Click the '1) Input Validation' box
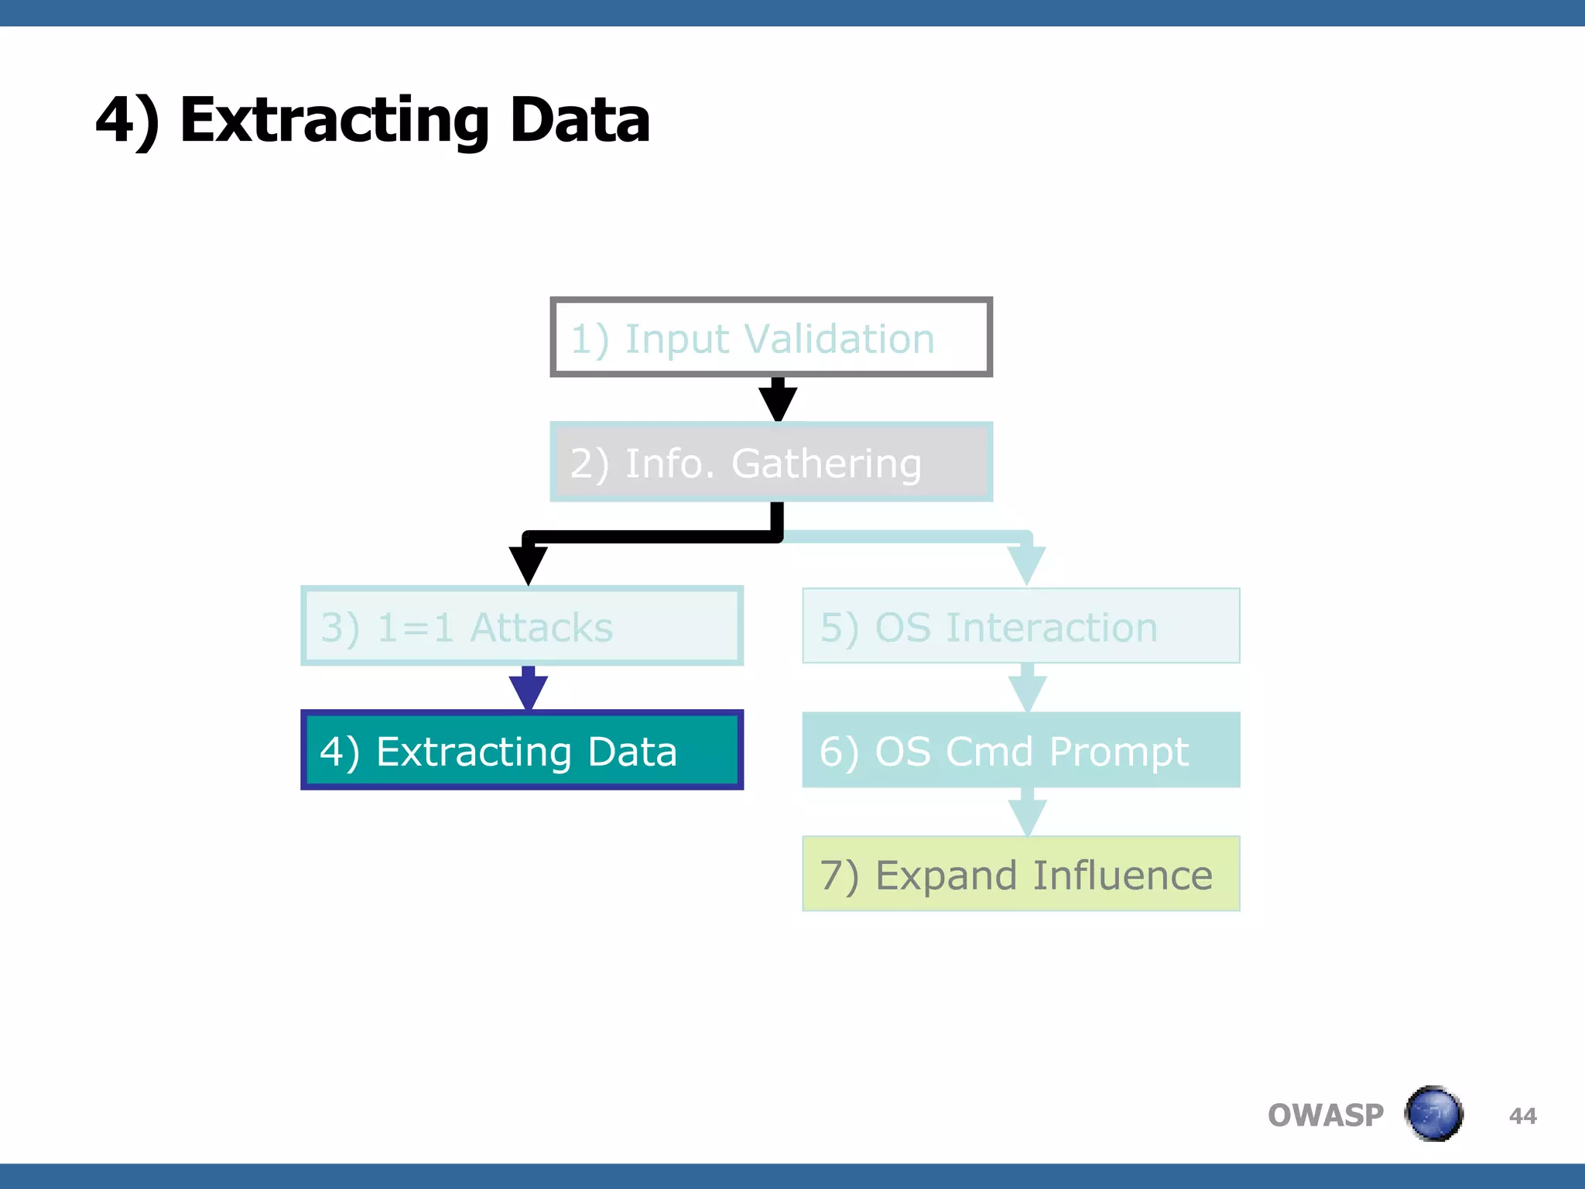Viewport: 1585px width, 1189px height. pos(771,338)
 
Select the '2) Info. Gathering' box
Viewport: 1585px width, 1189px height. pos(771,462)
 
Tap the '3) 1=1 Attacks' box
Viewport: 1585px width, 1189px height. pos(522,626)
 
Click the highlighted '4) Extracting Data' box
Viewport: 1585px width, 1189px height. pos(522,750)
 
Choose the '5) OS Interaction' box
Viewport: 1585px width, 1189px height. pos(1021,626)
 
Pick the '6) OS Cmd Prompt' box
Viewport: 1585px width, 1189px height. pos(1021,750)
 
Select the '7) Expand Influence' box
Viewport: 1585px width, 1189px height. pos(1021,874)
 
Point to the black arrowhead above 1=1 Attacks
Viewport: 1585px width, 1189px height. pos(528,564)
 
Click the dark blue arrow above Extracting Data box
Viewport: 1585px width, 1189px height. pos(528,689)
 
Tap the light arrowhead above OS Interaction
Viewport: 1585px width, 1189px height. pos(1027,564)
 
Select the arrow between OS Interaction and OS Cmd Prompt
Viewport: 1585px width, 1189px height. pos(1027,689)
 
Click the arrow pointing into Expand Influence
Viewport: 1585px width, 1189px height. pos(1027,814)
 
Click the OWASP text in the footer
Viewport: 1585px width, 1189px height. pos(1325,1115)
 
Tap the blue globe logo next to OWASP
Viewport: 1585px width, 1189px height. pos(1433,1114)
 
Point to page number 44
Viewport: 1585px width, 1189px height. pos(1522,1116)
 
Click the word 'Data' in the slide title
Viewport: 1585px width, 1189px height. pos(580,121)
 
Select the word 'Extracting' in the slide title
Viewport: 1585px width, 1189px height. pos(334,122)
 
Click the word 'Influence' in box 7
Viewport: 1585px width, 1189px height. pos(1122,875)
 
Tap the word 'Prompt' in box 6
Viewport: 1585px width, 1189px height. pos(1118,752)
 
